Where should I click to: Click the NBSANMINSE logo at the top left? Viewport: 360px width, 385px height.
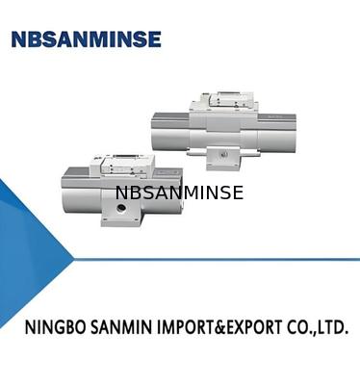[86, 39]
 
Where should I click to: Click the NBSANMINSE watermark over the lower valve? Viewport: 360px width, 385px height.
[179, 193]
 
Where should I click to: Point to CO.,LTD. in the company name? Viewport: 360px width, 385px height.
[317, 328]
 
